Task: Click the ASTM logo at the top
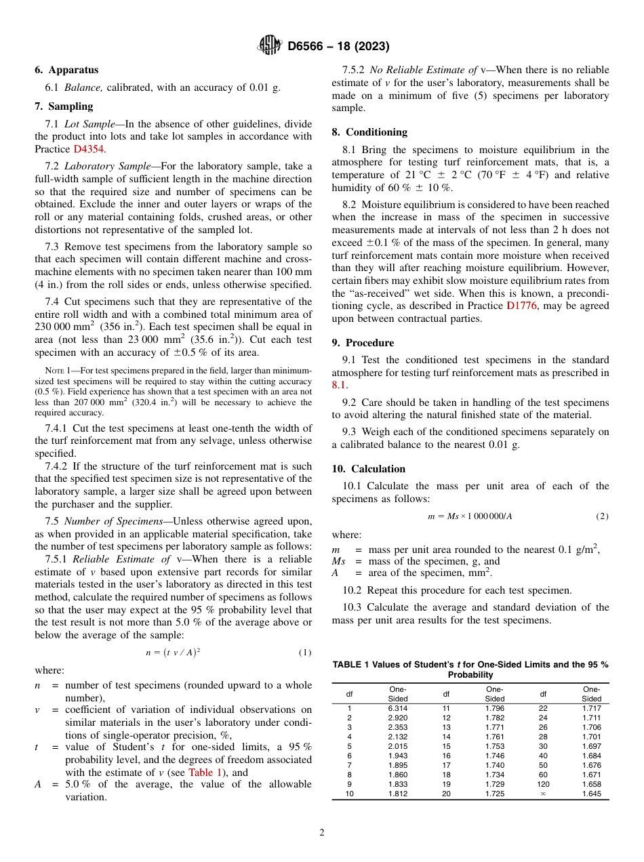270,46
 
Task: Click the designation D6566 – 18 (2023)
338,47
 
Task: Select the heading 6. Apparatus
66,70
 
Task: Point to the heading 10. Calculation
368,469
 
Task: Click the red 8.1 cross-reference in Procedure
339,385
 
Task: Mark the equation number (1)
304,653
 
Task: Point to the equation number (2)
602,516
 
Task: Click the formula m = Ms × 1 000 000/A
470,516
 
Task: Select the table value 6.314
397,708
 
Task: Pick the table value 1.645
591,794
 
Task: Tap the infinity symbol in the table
543,794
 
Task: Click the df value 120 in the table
543,785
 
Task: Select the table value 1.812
397,794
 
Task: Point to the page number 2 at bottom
322,833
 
